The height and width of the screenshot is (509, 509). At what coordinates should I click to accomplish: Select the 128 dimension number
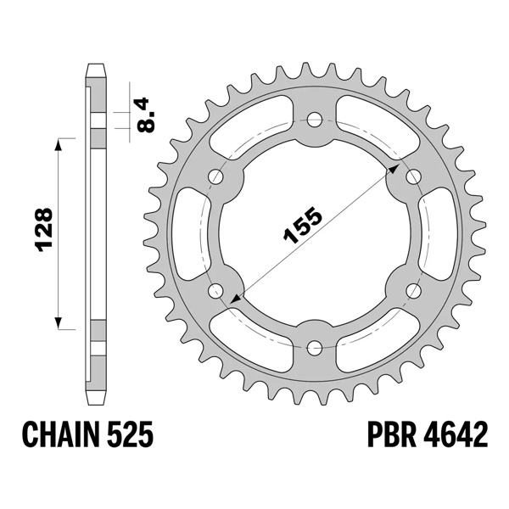pos(45,232)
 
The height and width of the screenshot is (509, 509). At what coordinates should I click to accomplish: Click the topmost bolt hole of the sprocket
pos(315,119)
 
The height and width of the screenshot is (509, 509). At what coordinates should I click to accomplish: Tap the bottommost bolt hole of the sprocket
pos(315,347)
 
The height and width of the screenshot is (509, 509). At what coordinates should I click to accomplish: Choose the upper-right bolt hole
pos(414,176)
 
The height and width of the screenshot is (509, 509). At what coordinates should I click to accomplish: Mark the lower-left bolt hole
pos(215,290)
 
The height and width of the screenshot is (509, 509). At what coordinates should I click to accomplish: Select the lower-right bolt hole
pos(414,290)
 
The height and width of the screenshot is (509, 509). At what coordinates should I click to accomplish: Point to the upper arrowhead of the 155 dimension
pos(394,167)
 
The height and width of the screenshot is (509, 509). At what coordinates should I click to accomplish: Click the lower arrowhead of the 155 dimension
pos(235,299)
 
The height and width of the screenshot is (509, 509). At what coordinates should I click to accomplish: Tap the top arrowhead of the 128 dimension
pos(59,145)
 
